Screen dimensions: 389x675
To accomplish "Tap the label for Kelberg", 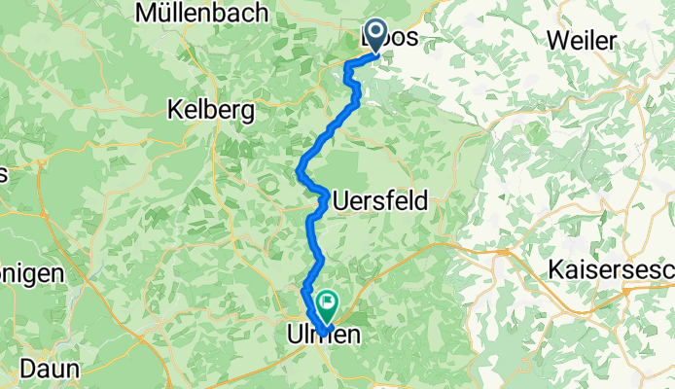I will pyautogui.click(x=211, y=109).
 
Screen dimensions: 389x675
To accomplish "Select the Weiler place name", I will pyautogui.click(x=583, y=41).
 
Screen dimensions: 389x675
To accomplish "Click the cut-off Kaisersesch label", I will pyautogui.click(x=611, y=270).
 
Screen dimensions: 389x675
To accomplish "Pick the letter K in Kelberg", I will pyautogui.click(x=176, y=109).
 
